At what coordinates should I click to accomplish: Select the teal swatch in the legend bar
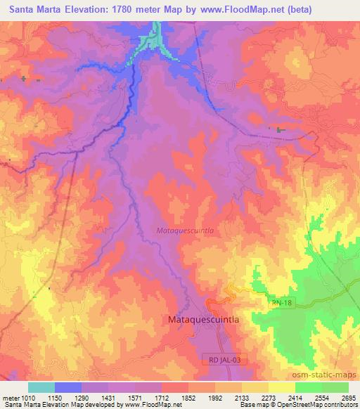(41, 387)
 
